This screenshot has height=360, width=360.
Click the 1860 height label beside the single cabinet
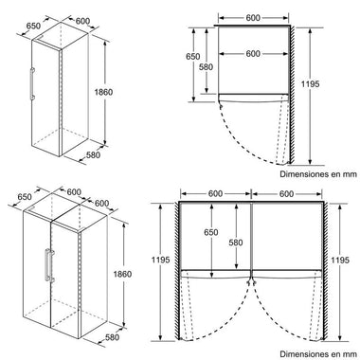point(103,92)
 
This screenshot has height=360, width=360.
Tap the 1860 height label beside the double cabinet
point(122,274)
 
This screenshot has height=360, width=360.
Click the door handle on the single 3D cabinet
point(32,84)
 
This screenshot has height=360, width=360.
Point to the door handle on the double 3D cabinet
point(49,265)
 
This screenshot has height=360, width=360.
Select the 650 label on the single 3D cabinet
point(33,26)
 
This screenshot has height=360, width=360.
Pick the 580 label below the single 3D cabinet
point(93,155)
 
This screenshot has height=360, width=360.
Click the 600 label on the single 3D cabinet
point(82,21)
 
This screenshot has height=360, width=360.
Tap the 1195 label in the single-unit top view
point(310,84)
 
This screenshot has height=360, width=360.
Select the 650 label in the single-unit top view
point(192,57)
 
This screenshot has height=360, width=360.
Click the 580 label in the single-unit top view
point(206,67)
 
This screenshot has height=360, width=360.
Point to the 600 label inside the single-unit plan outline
point(253,54)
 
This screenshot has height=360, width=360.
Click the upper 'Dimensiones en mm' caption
point(318,174)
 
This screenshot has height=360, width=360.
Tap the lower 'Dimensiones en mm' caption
point(318,354)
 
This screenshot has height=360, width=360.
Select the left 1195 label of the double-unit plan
point(161,260)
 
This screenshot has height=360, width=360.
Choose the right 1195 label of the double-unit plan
point(340,260)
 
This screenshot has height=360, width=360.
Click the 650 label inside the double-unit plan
point(211,232)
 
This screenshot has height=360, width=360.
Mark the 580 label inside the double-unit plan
point(236,243)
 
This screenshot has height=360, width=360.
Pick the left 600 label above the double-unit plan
point(215,193)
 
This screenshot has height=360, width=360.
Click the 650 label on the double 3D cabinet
point(25,197)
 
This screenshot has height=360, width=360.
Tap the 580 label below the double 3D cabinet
point(112,337)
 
